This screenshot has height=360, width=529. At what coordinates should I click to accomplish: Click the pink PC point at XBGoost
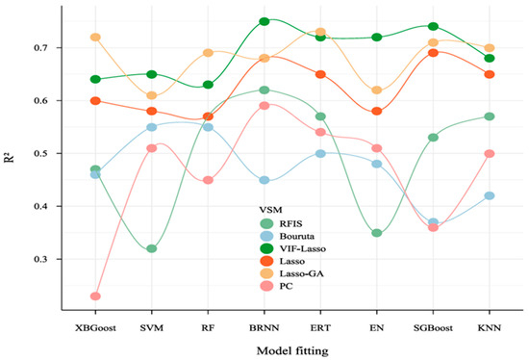(95, 296)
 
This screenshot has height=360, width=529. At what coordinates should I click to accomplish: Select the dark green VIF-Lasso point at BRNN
(264, 21)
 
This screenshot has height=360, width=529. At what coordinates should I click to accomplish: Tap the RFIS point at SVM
(151, 248)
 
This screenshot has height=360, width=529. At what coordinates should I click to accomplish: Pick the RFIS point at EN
(377, 233)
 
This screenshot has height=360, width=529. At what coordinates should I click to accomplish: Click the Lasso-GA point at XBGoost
(95, 38)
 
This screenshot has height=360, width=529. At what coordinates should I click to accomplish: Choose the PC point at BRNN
(264, 106)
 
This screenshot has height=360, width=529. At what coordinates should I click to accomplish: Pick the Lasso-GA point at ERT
(320, 33)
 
